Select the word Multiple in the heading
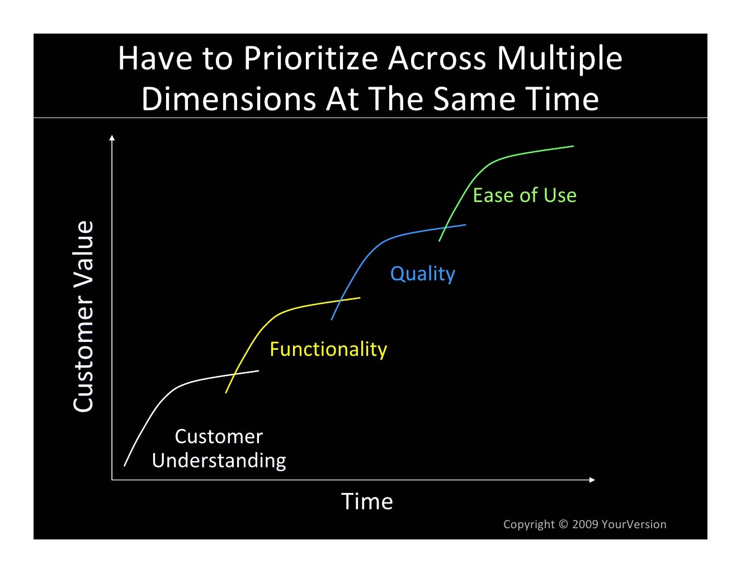[559, 58]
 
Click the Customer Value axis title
[84, 316]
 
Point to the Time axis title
[367, 501]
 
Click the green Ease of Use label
[525, 195]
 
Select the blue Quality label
[422, 274]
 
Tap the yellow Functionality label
[328, 349]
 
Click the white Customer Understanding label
[219, 448]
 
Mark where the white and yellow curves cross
[234, 374]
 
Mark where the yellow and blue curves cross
[340, 301]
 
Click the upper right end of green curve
[573, 147]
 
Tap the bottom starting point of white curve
[125, 465]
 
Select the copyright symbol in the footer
[563, 524]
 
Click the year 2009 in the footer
[585, 524]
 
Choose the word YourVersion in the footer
[634, 524]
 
